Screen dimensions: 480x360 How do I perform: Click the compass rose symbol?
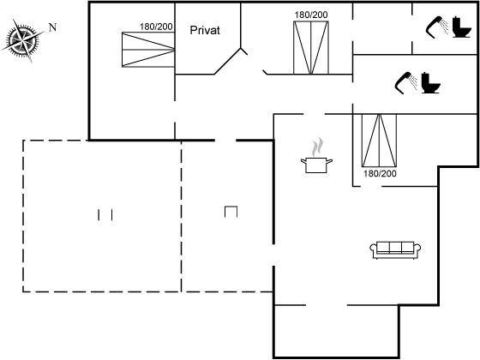pos(23,40)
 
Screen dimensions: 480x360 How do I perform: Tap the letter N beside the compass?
pos(52,27)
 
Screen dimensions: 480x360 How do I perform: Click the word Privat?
pos(205,30)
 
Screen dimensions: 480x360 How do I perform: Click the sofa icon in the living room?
pos(395,250)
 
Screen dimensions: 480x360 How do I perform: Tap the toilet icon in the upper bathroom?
pos(462,27)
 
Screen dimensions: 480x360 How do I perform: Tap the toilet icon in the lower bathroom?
pos(430,82)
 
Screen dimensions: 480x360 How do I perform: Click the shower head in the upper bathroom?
pos(437,27)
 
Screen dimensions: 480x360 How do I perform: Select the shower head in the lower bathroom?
pos(406,82)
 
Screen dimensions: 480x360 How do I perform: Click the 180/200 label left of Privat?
pos(156,27)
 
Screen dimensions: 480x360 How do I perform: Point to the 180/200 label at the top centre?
pos(311,15)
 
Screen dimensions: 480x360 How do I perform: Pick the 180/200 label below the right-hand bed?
pos(380,173)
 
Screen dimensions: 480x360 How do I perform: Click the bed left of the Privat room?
pos(148,50)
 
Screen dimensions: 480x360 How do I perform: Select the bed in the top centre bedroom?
pos(311,48)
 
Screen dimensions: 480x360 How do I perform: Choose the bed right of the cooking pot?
pos(379,141)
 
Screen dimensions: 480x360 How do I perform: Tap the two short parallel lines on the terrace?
pos(105,215)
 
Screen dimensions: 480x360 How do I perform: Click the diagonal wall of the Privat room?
pos(228,61)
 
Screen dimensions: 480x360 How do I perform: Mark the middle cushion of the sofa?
pos(395,248)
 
